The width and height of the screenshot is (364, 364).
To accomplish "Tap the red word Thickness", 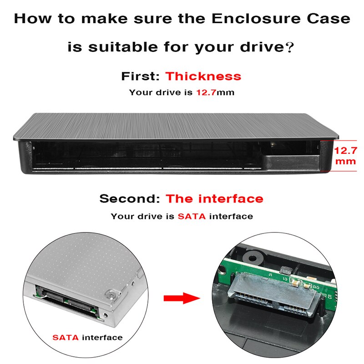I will click(x=203, y=76).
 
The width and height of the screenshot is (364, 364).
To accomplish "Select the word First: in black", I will click(x=141, y=76).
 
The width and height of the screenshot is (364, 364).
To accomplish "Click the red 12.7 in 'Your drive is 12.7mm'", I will click(x=206, y=92).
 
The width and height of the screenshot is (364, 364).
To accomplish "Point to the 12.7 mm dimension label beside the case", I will click(x=346, y=156).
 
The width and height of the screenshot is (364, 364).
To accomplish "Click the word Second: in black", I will click(x=130, y=199).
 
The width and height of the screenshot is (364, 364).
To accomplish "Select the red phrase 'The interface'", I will click(x=214, y=199).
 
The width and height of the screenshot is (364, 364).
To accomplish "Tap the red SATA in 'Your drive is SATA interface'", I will click(x=192, y=217).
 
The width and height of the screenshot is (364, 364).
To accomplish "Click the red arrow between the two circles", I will click(x=182, y=299).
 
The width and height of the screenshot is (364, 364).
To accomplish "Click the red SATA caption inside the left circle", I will click(x=65, y=338).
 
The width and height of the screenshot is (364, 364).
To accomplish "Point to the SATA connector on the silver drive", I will click(x=68, y=302).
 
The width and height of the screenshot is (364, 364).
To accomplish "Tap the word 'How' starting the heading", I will click(x=30, y=19).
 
